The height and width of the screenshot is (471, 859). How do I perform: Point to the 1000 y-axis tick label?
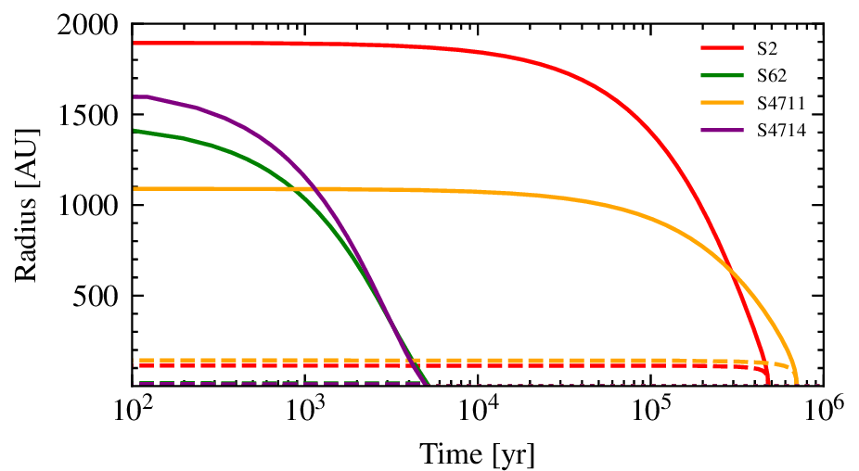click(x=94, y=206)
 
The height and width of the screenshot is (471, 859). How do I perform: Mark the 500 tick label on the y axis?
click(x=102, y=297)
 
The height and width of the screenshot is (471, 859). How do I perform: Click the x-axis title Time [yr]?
click(x=478, y=453)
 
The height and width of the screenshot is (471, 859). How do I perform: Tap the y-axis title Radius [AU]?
click(x=26, y=205)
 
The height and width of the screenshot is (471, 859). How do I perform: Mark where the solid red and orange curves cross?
click(x=731, y=272)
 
